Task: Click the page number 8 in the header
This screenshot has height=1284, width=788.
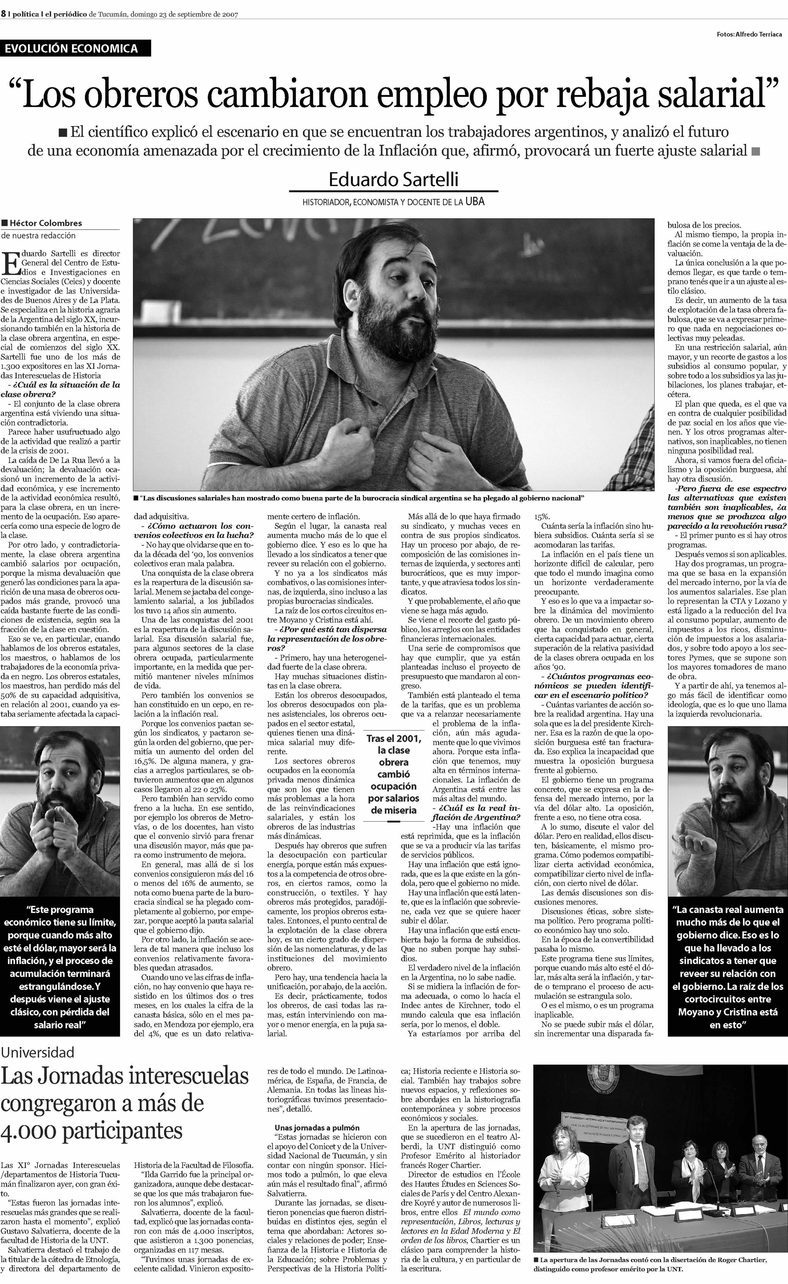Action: pos(3,14)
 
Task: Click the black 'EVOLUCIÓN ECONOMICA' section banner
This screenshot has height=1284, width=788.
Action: pos(75,48)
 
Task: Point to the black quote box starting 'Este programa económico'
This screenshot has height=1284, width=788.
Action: pos(60,967)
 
